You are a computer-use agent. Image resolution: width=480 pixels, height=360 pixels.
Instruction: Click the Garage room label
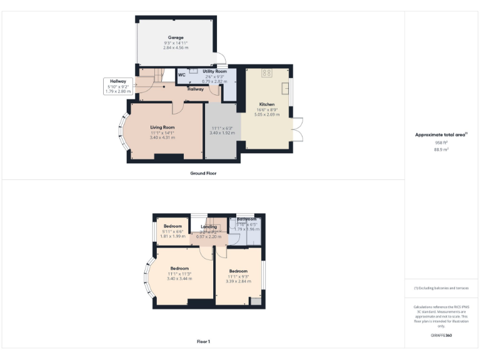point(176,37)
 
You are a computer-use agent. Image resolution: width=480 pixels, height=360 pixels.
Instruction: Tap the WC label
point(182,75)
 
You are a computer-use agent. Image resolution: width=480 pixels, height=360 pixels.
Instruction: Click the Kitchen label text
point(267,104)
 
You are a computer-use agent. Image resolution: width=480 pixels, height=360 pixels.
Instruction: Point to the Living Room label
point(162,127)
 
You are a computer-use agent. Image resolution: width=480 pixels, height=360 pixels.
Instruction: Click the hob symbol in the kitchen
point(266,72)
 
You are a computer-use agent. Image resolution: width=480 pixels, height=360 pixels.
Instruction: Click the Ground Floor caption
point(204,172)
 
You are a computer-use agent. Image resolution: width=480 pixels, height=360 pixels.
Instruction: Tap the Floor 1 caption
point(204,341)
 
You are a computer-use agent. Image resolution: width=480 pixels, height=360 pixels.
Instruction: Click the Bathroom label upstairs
point(246,219)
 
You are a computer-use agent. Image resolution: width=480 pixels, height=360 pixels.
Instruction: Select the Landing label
point(208,226)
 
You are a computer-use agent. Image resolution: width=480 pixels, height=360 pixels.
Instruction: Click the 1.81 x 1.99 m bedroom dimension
point(172,236)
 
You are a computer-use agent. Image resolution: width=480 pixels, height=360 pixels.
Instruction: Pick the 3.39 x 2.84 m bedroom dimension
point(239,281)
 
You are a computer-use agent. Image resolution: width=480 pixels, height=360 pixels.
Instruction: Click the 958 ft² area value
point(442,142)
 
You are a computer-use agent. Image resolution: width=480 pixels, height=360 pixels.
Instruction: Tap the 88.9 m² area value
point(442,149)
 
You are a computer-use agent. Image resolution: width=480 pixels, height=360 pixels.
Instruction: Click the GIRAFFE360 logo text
point(441,336)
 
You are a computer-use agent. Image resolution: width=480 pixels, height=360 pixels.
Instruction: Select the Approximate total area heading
point(441,135)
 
